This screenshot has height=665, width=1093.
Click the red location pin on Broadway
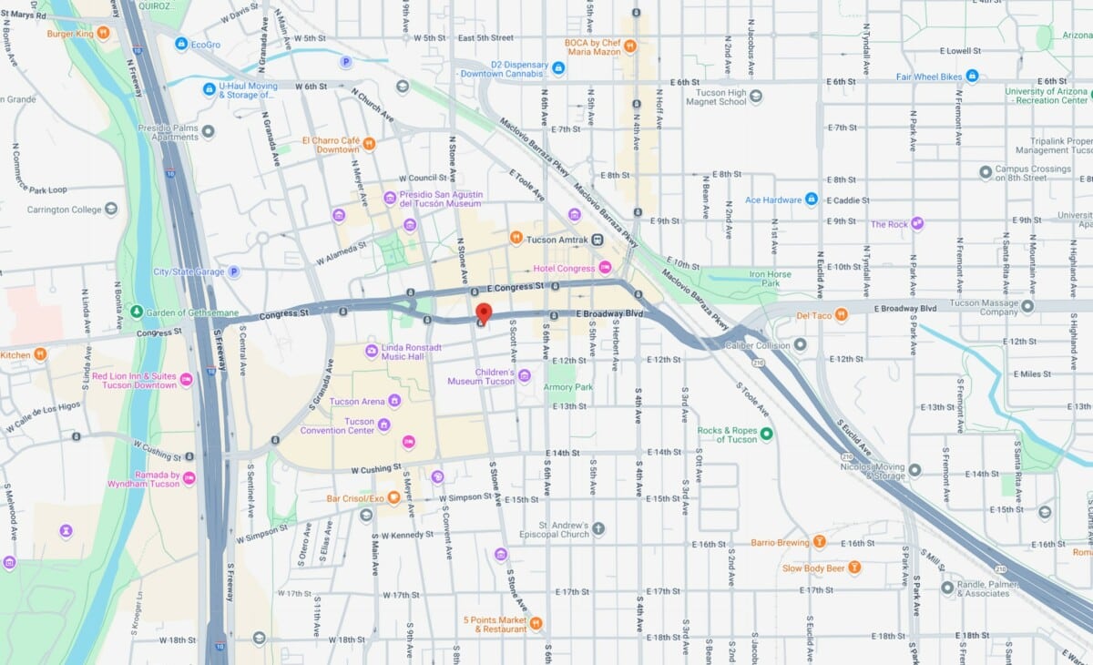[483, 313]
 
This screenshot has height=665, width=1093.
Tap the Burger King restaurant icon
[104, 34]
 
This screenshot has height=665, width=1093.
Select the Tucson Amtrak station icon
[597, 239]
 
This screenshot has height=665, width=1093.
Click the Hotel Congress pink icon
[605, 268]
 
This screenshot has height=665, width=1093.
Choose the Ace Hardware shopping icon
[811, 199]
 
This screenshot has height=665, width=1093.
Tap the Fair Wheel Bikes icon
[972, 76]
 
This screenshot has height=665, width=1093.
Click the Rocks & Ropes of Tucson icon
[767, 435]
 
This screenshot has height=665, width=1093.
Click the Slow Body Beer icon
[854, 568]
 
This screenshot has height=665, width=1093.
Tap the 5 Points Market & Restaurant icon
[536, 623]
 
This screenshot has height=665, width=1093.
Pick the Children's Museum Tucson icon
[524, 376]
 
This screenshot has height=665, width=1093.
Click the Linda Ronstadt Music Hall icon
[372, 351]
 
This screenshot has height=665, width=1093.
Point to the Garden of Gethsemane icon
[136, 312]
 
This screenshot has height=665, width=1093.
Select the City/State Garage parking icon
[233, 271]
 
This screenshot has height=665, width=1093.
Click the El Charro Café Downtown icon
[369, 144]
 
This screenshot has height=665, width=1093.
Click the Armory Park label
[568, 387]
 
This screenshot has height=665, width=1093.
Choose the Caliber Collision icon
[800, 344]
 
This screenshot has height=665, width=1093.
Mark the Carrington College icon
[111, 209]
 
